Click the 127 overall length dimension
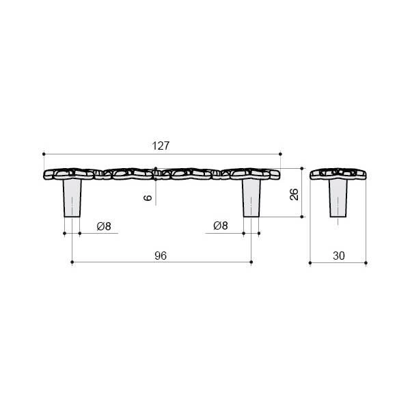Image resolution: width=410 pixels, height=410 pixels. click(161, 146)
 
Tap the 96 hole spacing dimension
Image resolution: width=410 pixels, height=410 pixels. click(161, 256)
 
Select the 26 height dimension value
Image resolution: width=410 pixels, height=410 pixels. click(294, 194)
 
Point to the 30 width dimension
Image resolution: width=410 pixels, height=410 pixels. click(339, 256)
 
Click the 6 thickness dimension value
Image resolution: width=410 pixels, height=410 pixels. click(148, 197)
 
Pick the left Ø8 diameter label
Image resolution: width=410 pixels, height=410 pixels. click(104, 226)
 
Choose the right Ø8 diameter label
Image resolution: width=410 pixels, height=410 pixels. click(221, 225)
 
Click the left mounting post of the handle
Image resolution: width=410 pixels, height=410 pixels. click(72, 198)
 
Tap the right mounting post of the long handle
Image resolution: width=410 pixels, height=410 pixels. click(251, 198)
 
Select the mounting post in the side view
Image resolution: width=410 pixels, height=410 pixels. click(338, 198)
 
